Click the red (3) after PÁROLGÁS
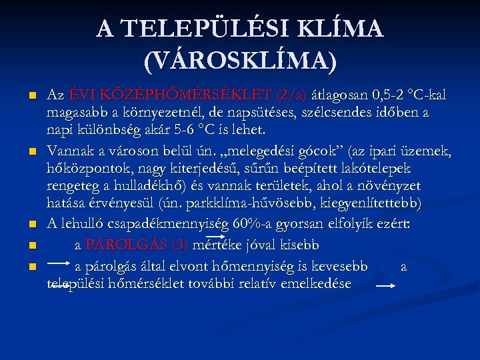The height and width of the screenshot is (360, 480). (x=180, y=245)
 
